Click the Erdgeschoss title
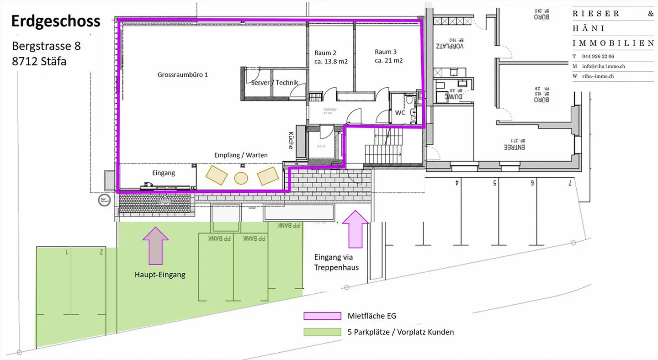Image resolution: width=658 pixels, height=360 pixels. [x=56, y=21]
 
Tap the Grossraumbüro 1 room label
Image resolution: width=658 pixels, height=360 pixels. [x=183, y=74]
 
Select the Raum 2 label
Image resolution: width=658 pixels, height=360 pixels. [x=325, y=53]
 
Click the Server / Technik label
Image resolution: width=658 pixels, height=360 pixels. [x=274, y=83]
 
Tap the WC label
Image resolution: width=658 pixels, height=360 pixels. [x=400, y=112]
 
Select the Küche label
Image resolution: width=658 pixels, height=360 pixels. [x=291, y=141]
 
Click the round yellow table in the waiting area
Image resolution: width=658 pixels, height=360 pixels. [x=241, y=177]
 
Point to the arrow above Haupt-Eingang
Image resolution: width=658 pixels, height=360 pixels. [x=156, y=245]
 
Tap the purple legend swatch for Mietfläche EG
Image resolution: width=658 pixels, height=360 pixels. [x=322, y=316]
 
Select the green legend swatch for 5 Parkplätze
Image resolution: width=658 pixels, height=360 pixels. [x=322, y=332]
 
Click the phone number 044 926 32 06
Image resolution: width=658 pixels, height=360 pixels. [x=599, y=56]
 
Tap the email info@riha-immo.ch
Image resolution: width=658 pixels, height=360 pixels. [x=604, y=66]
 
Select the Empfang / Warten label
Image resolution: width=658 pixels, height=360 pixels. [x=241, y=155]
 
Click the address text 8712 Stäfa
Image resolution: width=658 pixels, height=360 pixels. [x=39, y=61]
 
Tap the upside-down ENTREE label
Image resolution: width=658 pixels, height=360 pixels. [x=514, y=147]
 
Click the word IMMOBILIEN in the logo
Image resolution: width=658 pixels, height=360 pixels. [x=613, y=43]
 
